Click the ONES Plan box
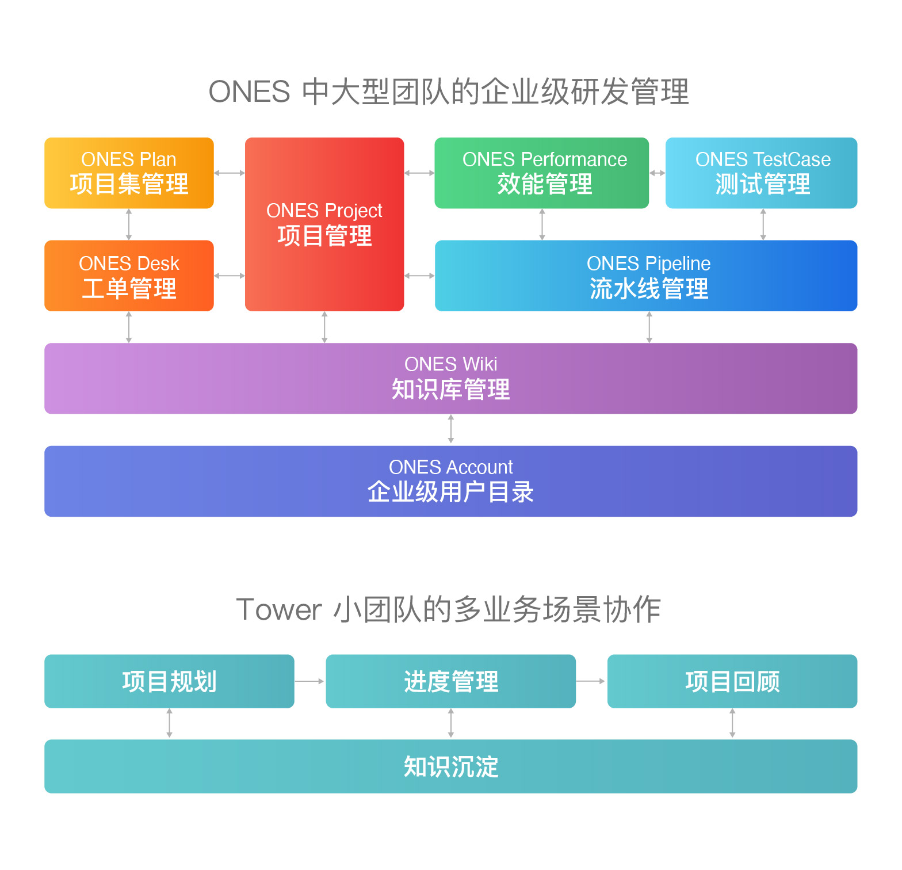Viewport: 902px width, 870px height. [129, 173]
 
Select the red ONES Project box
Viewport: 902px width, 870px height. [324, 224]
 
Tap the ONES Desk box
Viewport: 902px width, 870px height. [129, 276]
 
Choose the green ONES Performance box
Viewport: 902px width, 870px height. [541, 173]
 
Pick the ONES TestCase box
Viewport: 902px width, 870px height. [761, 173]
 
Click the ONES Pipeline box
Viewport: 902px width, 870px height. [646, 276]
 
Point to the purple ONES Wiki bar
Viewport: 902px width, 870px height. [450, 378]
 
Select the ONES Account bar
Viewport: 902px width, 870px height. [450, 481]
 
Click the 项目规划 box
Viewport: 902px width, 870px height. [169, 681]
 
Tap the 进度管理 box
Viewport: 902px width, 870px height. [450, 681]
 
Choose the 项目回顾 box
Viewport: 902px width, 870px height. [732, 681]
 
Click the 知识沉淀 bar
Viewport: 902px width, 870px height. [450, 766]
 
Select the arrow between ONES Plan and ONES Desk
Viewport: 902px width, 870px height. [129, 224]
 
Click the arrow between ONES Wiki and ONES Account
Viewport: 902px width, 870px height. [451, 429]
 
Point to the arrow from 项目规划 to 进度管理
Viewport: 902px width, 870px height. [309, 681]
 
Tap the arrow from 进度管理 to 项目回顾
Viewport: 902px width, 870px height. [591, 681]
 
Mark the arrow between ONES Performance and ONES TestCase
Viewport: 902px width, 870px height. [657, 173]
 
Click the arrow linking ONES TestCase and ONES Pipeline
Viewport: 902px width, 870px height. [763, 224]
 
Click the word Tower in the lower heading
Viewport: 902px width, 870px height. [279, 610]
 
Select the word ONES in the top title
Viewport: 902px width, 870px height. [249, 92]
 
